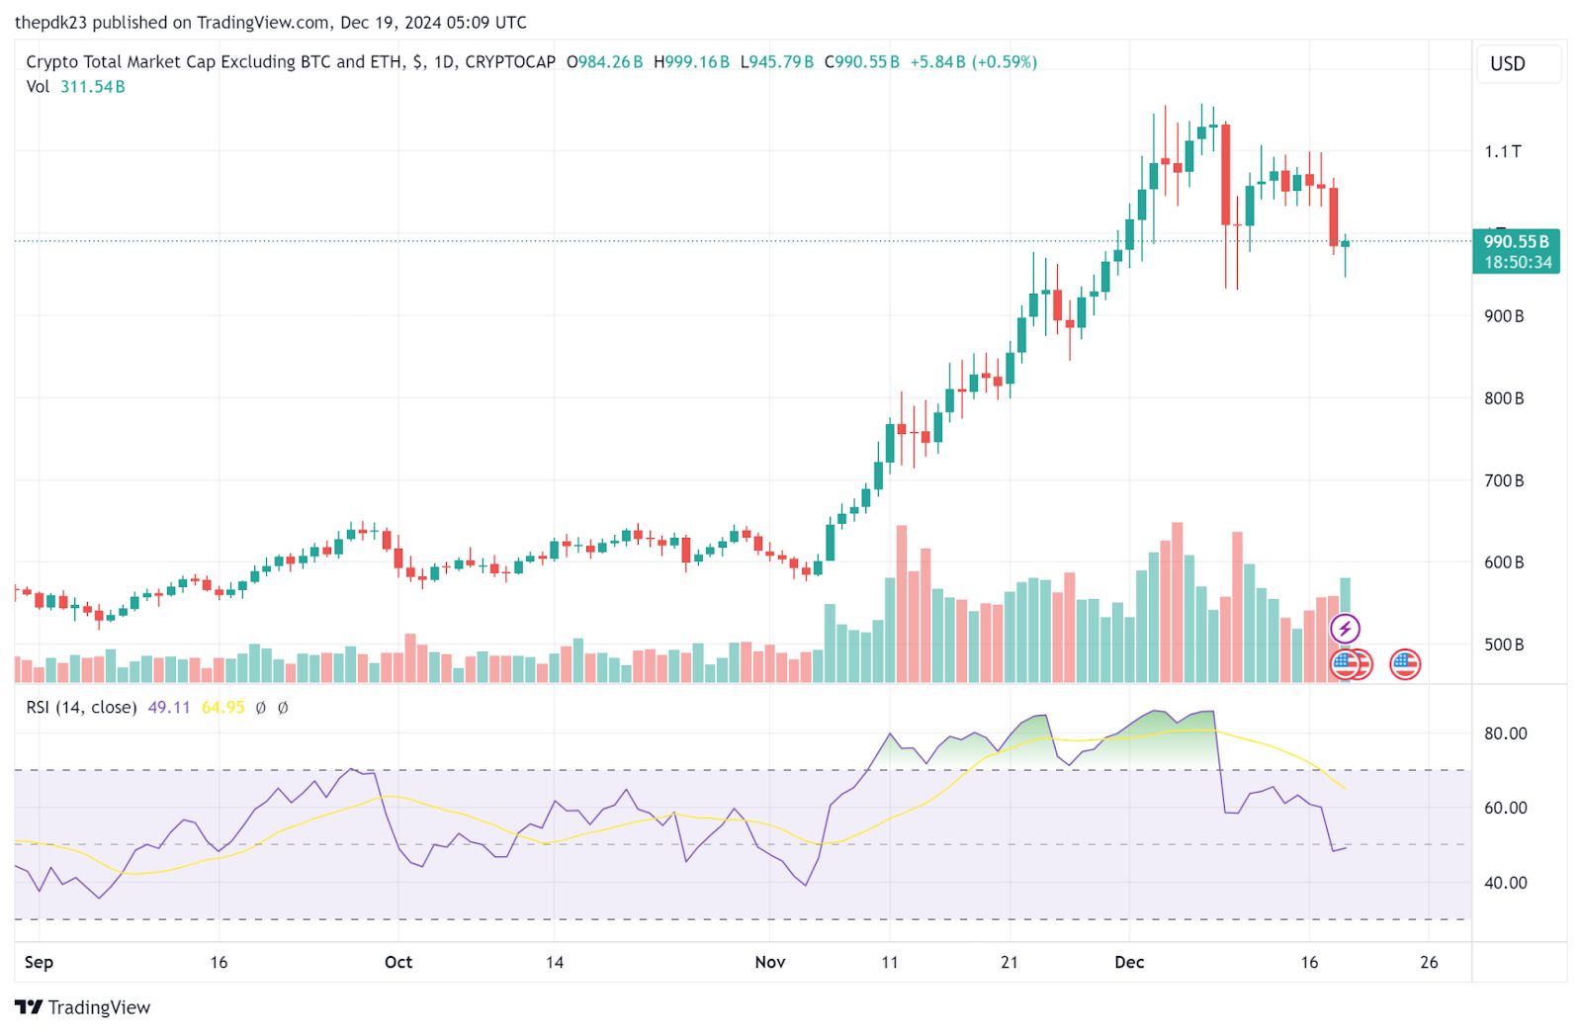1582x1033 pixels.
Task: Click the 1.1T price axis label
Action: click(x=1502, y=151)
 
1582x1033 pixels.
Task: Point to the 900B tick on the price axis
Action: click(x=1503, y=316)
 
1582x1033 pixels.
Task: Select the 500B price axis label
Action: click(x=1503, y=645)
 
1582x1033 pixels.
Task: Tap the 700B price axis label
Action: click(x=1503, y=480)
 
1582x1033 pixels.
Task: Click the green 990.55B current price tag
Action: click(x=1516, y=251)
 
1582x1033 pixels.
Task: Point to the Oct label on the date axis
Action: click(x=398, y=962)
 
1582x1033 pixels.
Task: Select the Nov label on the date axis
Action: click(x=769, y=962)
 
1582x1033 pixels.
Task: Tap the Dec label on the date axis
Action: click(x=1128, y=962)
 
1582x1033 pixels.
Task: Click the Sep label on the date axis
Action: click(x=39, y=962)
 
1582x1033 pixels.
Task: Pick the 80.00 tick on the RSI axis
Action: click(x=1505, y=733)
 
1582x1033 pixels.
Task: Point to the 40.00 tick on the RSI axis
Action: click(x=1505, y=883)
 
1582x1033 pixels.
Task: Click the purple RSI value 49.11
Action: click(x=168, y=708)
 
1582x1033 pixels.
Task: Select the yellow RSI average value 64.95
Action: click(x=222, y=708)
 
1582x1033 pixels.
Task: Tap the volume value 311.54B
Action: click(x=92, y=87)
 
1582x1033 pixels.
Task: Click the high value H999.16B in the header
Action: click(x=691, y=62)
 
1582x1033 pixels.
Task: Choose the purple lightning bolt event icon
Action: click(x=1345, y=628)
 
